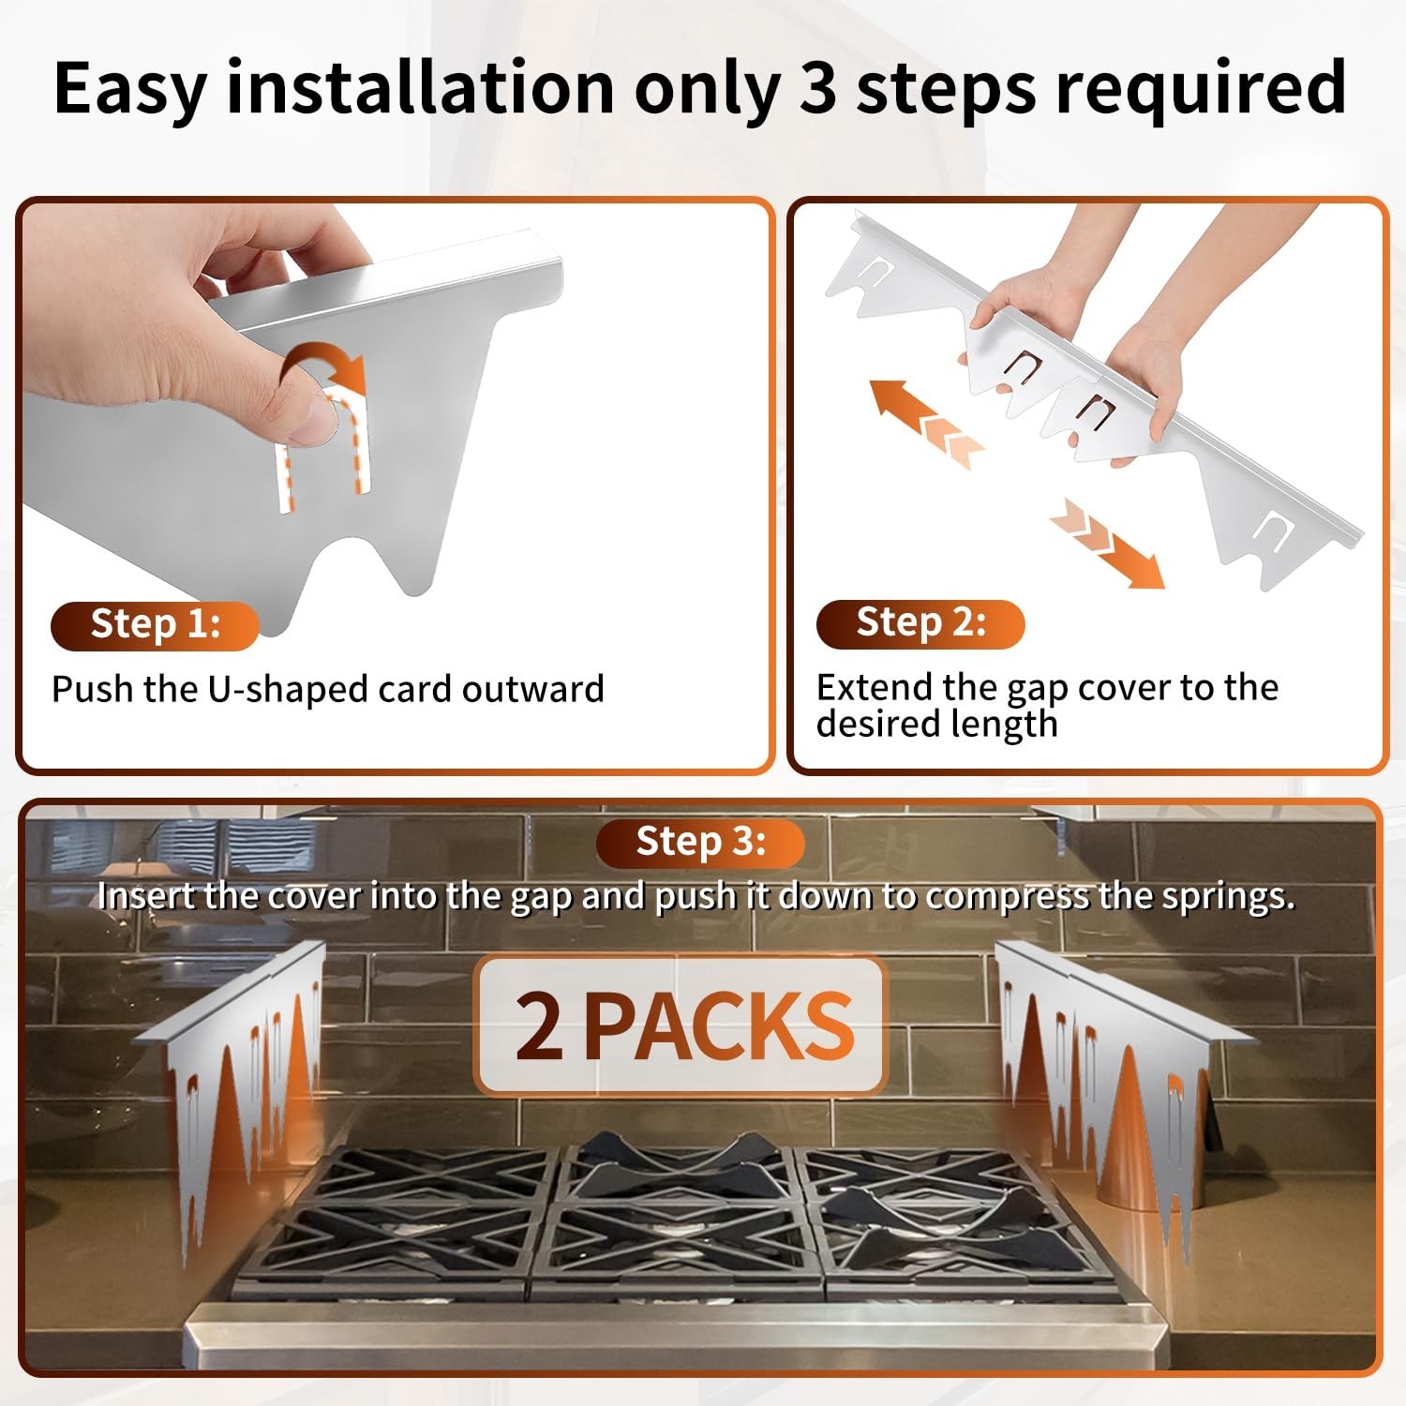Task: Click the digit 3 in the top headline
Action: [819, 87]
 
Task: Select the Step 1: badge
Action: [155, 625]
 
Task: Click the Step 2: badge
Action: [920, 623]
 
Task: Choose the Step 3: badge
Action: [700, 842]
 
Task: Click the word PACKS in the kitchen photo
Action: [720, 1025]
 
